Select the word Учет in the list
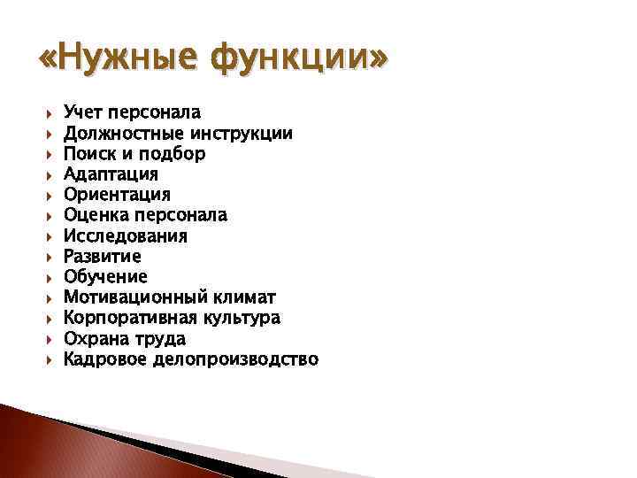point(83,112)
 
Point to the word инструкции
point(242,133)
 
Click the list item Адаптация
point(111,173)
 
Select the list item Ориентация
point(118,194)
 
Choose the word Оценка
point(96,214)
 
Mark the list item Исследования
point(126,235)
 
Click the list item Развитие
point(103,256)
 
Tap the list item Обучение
point(106,276)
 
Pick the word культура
point(242,317)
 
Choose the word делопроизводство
point(236,358)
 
